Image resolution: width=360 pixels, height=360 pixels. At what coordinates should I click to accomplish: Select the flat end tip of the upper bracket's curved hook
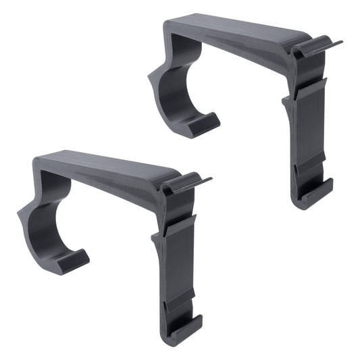pos(203,123)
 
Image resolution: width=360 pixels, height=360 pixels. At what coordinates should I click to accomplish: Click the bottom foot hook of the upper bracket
pos(316,192)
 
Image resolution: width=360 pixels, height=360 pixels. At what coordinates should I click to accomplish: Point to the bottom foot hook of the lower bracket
pos(185,327)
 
